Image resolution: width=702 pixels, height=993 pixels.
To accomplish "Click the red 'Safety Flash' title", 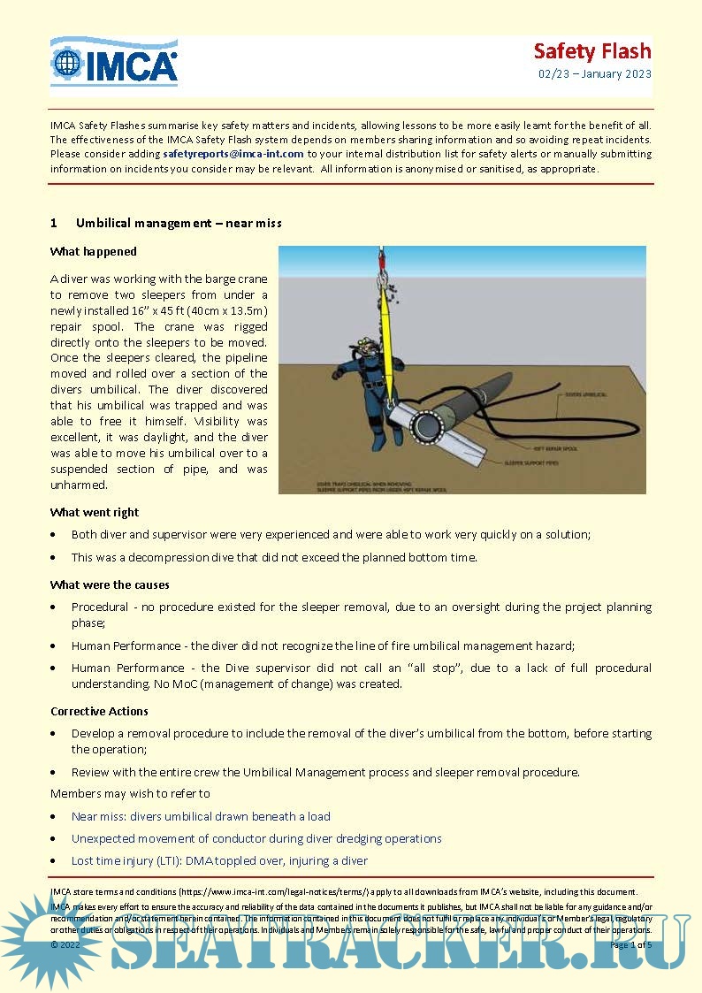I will (x=591, y=50).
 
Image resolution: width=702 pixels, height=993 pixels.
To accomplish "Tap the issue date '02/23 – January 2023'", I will (x=594, y=73).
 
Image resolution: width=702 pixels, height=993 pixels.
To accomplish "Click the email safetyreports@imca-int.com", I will (x=233, y=153).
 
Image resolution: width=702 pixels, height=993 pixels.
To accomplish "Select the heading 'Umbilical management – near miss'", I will (x=179, y=223).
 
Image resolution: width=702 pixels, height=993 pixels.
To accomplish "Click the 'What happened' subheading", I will (x=93, y=251).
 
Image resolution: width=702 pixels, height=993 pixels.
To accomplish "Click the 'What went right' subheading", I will (x=95, y=512).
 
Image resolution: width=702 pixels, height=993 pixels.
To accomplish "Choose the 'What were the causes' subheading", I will (x=110, y=584).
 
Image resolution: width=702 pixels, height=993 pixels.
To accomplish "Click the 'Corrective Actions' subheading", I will (x=99, y=711).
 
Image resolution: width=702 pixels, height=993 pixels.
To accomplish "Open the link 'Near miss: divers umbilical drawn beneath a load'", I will (x=201, y=816).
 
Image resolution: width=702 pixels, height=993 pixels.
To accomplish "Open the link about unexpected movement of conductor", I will (x=256, y=838).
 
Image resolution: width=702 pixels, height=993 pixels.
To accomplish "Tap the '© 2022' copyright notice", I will (x=65, y=944).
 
